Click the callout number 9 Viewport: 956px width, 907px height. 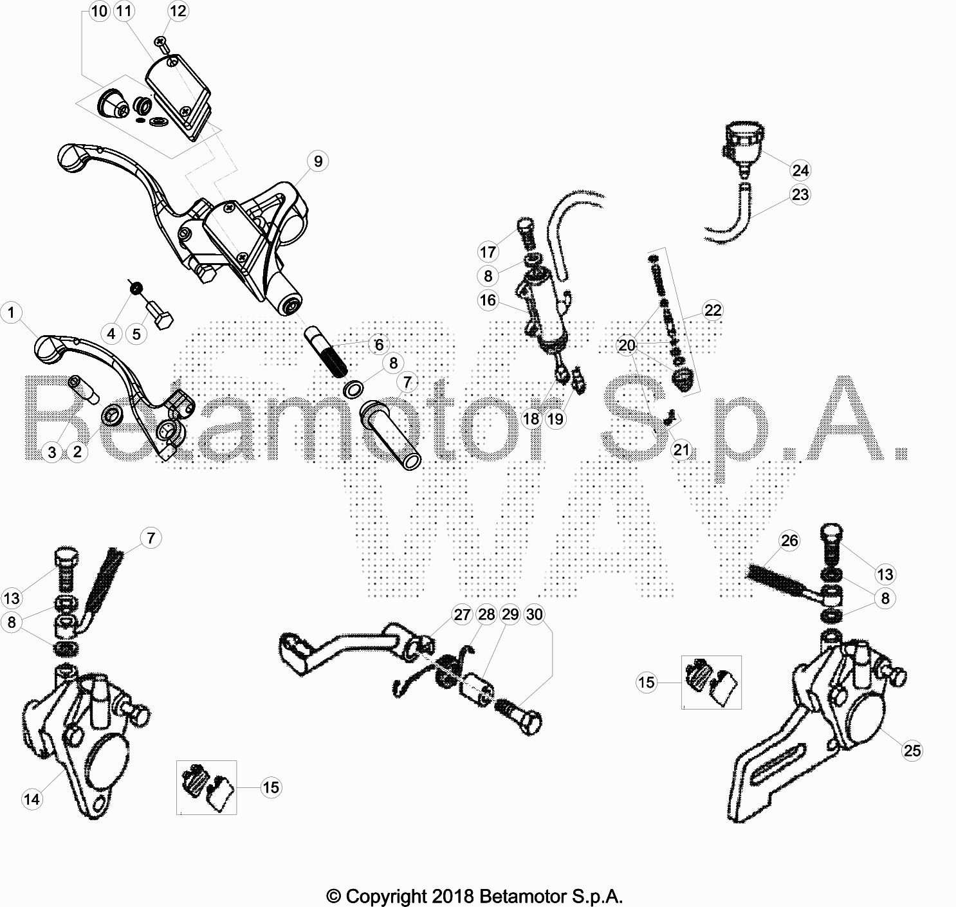point(318,161)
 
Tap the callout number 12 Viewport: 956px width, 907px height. point(178,11)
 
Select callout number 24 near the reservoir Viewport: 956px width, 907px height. point(800,170)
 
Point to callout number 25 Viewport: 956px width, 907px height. point(912,751)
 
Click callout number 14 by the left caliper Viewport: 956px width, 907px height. point(32,799)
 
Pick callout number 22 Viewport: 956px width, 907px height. point(713,310)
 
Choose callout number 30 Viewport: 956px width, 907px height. point(534,615)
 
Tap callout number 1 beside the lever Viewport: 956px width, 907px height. point(12,313)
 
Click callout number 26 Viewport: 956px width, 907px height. point(789,541)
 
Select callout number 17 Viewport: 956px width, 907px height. point(488,252)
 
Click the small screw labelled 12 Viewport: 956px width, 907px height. point(162,45)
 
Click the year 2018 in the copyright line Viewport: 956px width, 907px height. point(452,896)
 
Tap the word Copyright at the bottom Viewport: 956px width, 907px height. point(386,897)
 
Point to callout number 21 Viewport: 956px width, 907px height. point(681,450)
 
